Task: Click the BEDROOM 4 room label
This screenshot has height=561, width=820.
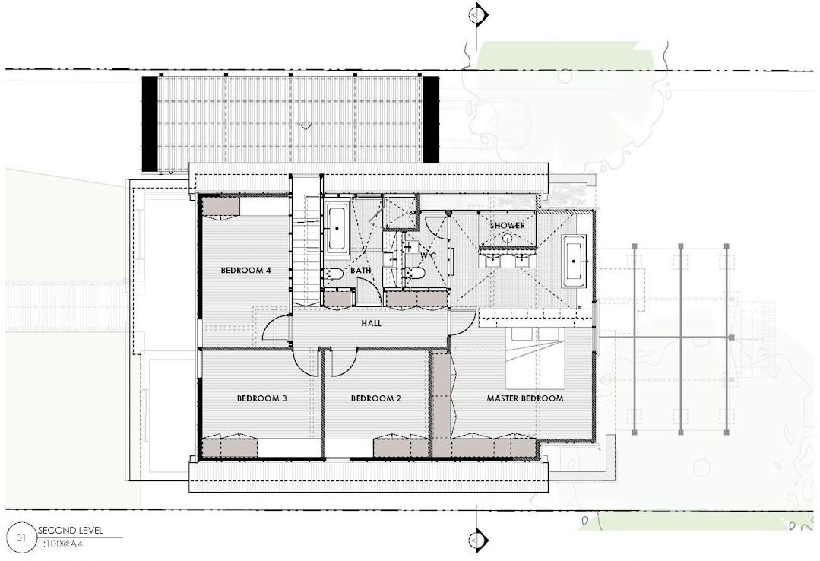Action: pyautogui.click(x=245, y=271)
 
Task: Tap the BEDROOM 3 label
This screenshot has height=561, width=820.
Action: pyautogui.click(x=261, y=398)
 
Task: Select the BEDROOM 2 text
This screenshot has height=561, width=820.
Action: pyautogui.click(x=375, y=398)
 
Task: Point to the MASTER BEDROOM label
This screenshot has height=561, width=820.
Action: pyautogui.click(x=525, y=398)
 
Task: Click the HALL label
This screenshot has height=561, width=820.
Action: pyautogui.click(x=372, y=323)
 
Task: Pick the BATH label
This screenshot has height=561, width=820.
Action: pyautogui.click(x=361, y=270)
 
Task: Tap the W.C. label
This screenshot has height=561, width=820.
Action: pyautogui.click(x=428, y=257)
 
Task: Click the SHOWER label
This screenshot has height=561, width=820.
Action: pyautogui.click(x=507, y=226)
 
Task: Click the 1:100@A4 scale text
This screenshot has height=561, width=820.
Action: pyautogui.click(x=61, y=544)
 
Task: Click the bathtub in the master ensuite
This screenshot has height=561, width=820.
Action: pyautogui.click(x=575, y=261)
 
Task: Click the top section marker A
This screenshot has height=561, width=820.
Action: pyautogui.click(x=477, y=14)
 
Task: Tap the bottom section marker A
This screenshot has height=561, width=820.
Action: pyautogui.click(x=477, y=538)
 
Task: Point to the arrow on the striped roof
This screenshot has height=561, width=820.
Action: pyautogui.click(x=306, y=125)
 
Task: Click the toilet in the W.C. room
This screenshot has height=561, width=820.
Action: pyautogui.click(x=415, y=273)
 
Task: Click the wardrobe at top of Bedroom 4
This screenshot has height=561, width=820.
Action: pyautogui.click(x=220, y=206)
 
